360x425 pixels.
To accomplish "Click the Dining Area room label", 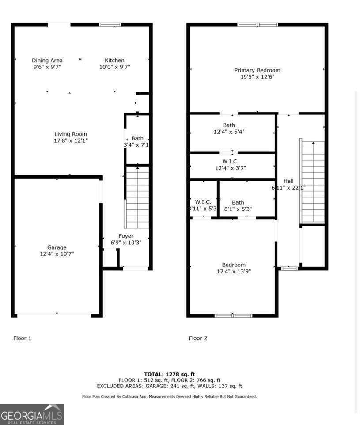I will point(47,60).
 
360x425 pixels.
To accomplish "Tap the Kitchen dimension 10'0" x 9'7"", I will point(114,67).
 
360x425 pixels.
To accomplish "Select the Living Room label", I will point(71,134).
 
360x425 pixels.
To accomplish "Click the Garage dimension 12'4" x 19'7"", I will point(57,254).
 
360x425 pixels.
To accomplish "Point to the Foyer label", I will point(126,236).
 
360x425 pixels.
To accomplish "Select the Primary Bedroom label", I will point(257,70).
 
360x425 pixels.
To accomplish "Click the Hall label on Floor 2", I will point(288,181).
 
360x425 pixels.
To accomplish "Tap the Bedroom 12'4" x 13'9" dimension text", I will point(234,271).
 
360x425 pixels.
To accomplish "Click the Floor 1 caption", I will point(22,338).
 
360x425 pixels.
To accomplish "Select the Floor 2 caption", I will point(198,338).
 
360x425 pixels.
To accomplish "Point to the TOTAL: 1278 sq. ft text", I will point(169,374).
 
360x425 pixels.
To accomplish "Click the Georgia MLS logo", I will point(32,414).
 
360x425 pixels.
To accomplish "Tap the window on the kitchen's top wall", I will point(110,24).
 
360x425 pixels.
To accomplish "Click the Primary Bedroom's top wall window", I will point(258,24).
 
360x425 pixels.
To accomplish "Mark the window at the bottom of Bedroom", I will point(233,315).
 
